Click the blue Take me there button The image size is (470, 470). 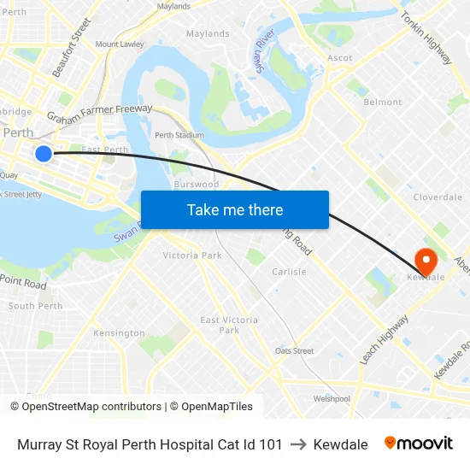coord(235,209)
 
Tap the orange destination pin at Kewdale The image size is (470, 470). coord(425,260)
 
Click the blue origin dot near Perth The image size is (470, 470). coord(44,154)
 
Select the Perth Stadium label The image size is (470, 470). coord(179,135)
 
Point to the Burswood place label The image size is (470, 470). coord(196,184)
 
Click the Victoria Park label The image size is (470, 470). coord(192,255)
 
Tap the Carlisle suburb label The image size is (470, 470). coord(289,272)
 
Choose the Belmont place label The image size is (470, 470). coord(383,102)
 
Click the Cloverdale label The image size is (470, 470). coord(438,197)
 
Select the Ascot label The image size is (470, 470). coord(339,58)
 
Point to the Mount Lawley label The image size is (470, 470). coord(120,44)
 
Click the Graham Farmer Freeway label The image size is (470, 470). coord(99,113)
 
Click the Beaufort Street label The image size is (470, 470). coord(71,48)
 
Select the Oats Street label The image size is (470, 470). coord(294,350)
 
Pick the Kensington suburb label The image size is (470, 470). coord(119,332)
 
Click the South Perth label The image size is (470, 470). coord(35,306)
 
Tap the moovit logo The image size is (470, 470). coord(419,444)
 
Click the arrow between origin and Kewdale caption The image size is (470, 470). coord(298,444)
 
